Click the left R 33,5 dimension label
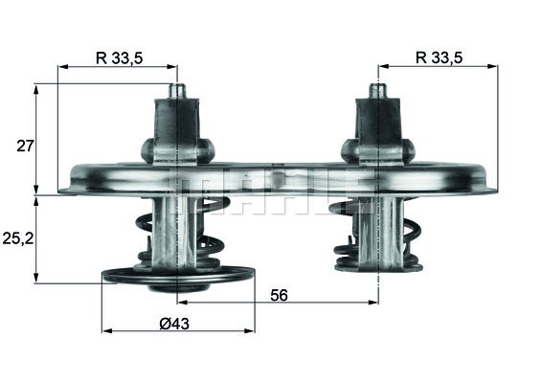pos(120,58)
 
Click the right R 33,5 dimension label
pos(439,57)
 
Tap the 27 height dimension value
pos(25,146)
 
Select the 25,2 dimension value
pos(18,238)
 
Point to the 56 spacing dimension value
pos(279,295)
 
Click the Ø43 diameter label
pos(174,324)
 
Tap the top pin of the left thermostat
pos(177,92)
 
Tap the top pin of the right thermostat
pos(378,91)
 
